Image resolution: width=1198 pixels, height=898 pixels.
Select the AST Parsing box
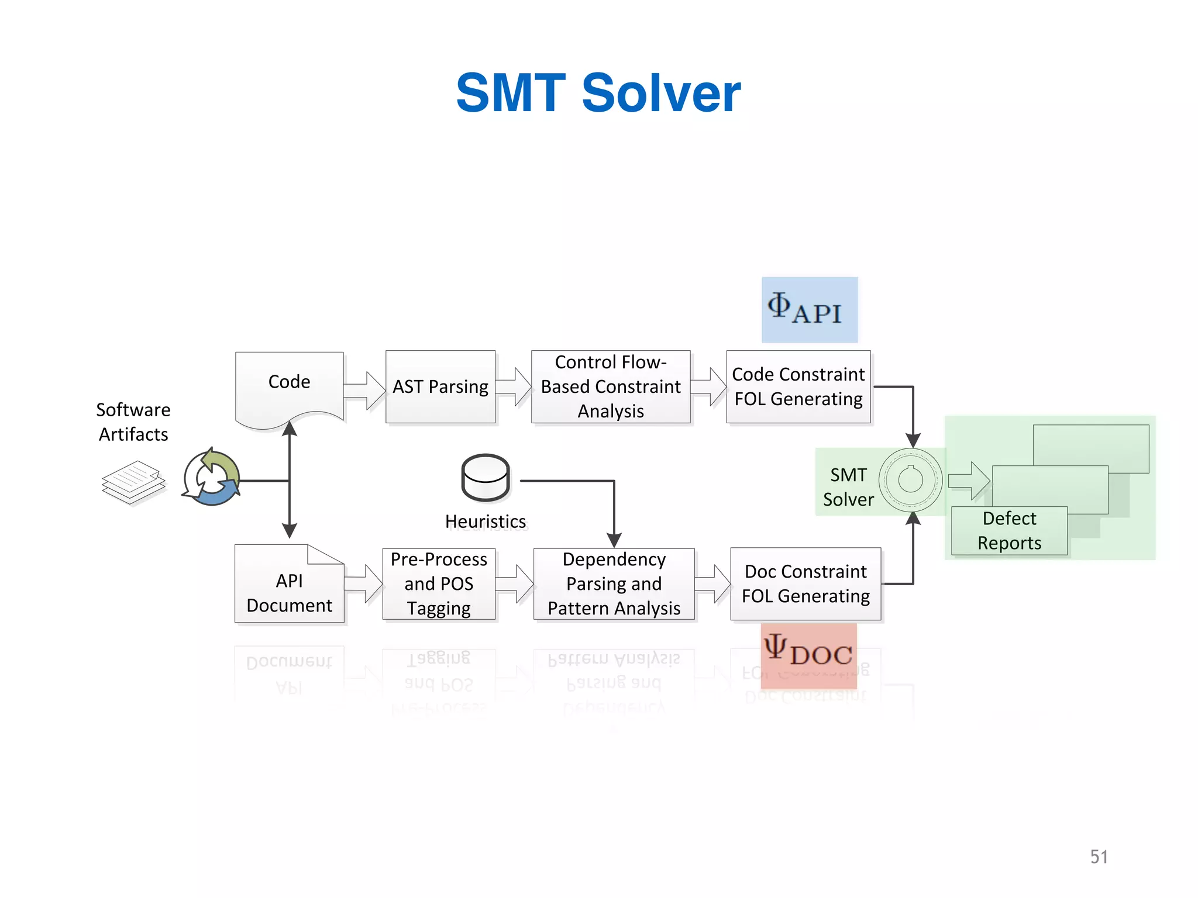coord(440,386)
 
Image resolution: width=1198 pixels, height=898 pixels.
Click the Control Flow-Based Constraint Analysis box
coord(610,386)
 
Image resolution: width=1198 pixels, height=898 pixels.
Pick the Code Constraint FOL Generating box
coord(798,386)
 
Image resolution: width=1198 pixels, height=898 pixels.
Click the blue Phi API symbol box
coord(809,309)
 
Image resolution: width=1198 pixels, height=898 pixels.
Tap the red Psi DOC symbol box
coord(808,654)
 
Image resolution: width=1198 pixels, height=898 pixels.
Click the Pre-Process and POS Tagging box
coord(439,583)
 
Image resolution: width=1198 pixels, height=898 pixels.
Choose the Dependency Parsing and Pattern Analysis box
coord(614,583)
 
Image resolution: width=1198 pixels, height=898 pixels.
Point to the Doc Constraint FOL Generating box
coord(805,583)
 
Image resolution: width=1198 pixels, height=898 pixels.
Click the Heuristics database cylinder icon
coord(486,478)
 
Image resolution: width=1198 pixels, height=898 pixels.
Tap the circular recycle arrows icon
coord(211,478)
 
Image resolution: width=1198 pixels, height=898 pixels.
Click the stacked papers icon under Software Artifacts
coord(133,482)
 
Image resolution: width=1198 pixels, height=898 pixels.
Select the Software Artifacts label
coord(133,422)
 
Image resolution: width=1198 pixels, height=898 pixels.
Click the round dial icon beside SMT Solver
coord(910,480)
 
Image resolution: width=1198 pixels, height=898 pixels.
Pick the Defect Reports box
coord(1009,530)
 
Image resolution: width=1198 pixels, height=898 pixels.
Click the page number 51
coord(1099,856)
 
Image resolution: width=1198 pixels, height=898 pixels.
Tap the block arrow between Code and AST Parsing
coord(364,391)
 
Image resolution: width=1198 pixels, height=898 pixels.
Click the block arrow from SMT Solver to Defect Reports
coord(969,481)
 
